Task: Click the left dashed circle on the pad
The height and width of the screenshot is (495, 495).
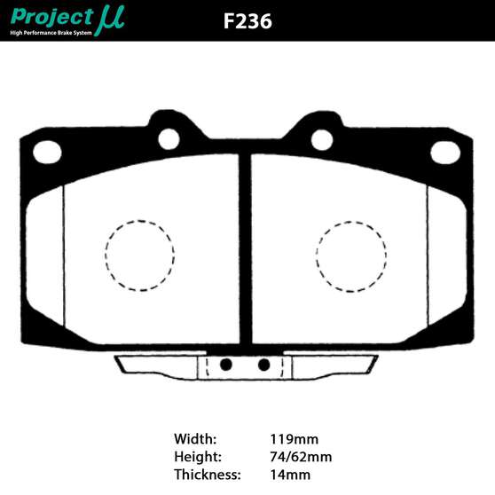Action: coord(140,255)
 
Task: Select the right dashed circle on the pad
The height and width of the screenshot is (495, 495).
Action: coord(352,255)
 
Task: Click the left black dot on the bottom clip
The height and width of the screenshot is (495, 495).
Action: coord(226,364)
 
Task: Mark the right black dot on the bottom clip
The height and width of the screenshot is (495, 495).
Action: coord(264,364)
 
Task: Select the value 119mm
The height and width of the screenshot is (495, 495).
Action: coord(294,438)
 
